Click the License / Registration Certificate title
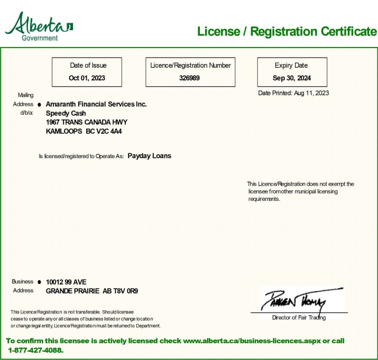(287, 31)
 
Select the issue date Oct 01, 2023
(87, 78)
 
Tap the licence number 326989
(190, 78)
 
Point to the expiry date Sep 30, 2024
(292, 78)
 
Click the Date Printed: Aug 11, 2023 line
(293, 93)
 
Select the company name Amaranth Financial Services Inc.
(96, 104)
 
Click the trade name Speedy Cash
(66, 113)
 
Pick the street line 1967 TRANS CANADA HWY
(87, 122)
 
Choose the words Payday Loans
(149, 156)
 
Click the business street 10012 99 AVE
(66, 282)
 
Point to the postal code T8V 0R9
(125, 291)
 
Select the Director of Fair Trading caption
(299, 318)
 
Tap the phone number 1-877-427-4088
(35, 350)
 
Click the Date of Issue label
(88, 66)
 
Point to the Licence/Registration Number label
(190, 66)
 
